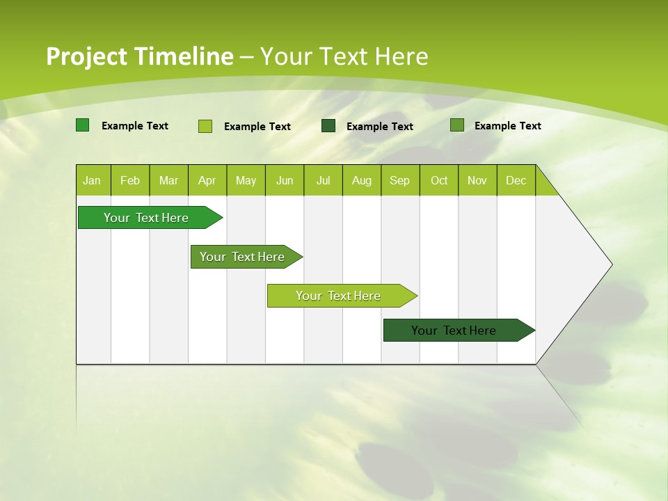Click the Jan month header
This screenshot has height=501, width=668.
(x=92, y=181)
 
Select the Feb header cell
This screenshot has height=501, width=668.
(x=130, y=181)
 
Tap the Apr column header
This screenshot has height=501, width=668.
(x=207, y=181)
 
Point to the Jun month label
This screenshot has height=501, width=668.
(x=285, y=181)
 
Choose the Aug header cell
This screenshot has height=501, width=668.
(x=361, y=181)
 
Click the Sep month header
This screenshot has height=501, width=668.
(x=399, y=181)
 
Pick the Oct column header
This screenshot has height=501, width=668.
(x=439, y=181)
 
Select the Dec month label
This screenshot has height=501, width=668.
(x=516, y=181)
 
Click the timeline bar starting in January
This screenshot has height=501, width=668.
(x=146, y=218)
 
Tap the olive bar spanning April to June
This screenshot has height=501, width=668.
(x=242, y=257)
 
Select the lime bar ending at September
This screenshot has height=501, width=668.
(x=338, y=296)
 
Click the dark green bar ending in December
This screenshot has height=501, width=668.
(x=454, y=331)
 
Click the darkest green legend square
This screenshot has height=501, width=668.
(x=328, y=126)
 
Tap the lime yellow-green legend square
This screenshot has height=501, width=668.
(x=205, y=126)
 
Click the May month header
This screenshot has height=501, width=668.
(x=246, y=181)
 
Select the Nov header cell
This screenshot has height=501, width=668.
(x=477, y=181)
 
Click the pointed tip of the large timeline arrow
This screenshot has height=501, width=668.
(x=610, y=264)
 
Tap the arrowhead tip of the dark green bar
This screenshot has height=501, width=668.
(x=533, y=331)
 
